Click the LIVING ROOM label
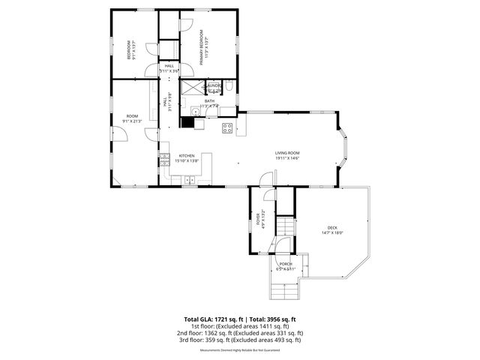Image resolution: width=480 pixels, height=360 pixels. coord(286,153)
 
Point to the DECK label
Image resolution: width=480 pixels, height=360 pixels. coord(331,229)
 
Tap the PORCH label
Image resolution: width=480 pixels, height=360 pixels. coord(286,264)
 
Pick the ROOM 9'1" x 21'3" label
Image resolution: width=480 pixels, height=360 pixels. coord(132,116)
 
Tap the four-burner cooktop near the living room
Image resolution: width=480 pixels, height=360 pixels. coord(226,128)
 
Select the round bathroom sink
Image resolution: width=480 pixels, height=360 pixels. coord(195,112)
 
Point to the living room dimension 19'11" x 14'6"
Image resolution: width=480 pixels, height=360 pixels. coord(286,157)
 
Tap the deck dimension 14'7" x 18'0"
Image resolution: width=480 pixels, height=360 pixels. coord(331,233)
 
